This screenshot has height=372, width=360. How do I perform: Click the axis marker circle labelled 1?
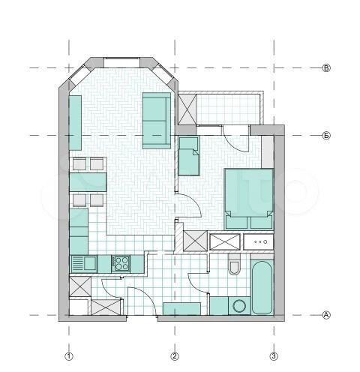(x=69, y=355)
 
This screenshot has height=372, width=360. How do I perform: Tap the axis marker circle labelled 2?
(x=175, y=355)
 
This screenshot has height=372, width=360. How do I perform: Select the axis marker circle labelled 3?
(x=274, y=355)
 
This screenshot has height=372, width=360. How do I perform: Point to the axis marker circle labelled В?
(x=326, y=68)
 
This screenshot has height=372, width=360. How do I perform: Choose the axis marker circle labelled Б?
(x=326, y=136)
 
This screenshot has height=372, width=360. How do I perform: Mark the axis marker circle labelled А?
(x=326, y=315)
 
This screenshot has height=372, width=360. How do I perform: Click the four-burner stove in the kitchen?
(x=120, y=263)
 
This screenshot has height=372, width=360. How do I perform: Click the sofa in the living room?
(x=155, y=120)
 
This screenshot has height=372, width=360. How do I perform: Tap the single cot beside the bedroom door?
(x=189, y=155)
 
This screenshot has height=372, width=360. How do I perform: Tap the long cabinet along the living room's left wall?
(x=75, y=121)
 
